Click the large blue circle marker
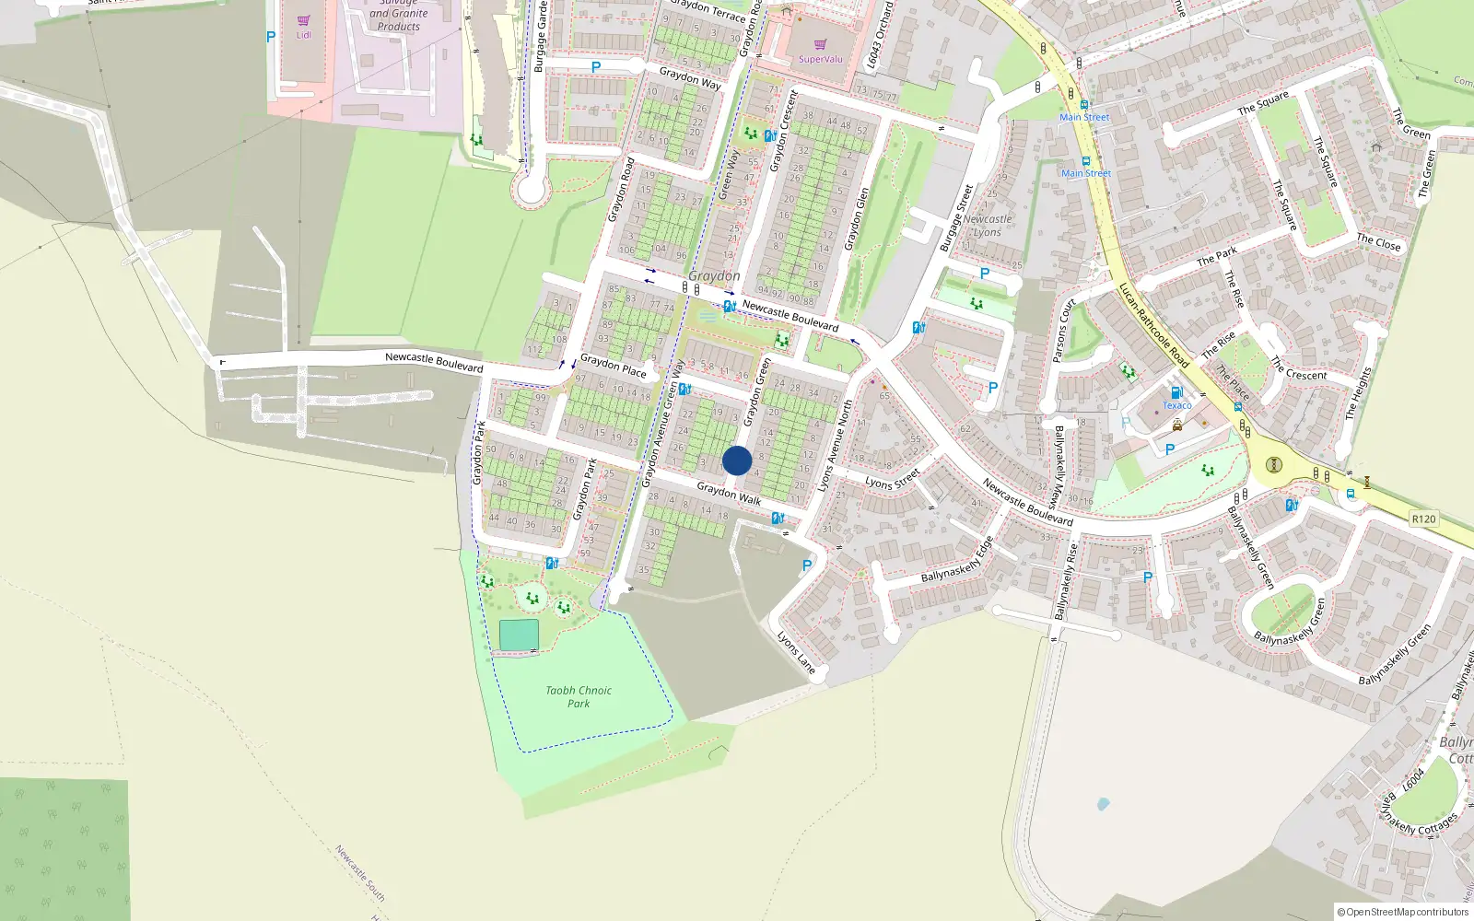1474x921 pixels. [737, 460]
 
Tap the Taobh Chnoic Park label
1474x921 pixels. [578, 696]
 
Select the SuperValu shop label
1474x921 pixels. [820, 59]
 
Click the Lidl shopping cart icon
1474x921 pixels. [304, 20]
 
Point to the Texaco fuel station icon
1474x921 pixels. [1176, 392]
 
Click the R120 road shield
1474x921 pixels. [1423, 519]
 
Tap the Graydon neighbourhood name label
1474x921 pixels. [714, 275]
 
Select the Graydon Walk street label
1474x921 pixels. [729, 493]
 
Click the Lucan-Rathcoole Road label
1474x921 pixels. [1153, 325]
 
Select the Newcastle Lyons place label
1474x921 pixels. [988, 226]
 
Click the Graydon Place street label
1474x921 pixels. [613, 366]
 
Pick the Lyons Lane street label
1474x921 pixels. [796, 652]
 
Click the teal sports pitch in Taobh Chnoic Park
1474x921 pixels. [519, 635]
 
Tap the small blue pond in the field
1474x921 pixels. [1103, 804]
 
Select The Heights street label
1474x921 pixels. [1358, 393]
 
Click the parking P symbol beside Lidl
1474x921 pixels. [271, 37]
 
